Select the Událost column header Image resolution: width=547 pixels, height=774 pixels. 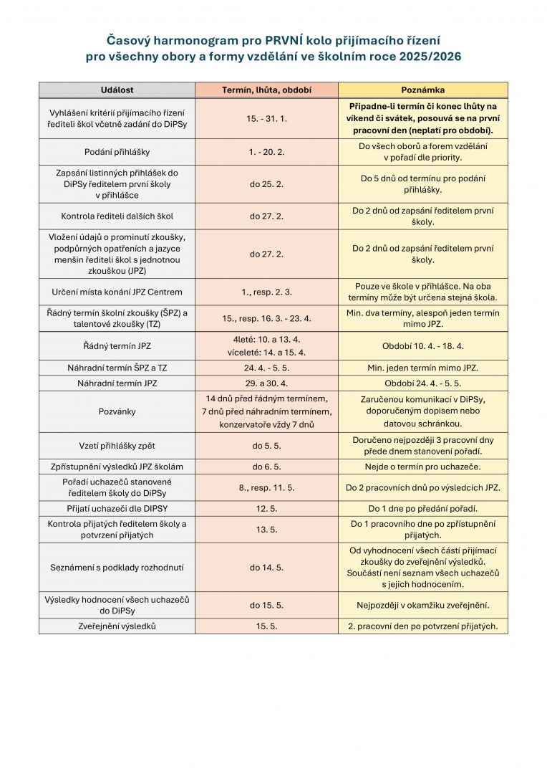(117, 90)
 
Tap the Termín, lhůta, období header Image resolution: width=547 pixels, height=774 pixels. (266, 90)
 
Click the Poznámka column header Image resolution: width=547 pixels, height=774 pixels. (422, 90)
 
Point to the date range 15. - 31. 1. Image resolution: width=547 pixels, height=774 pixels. (266, 118)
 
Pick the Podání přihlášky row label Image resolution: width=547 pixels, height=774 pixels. (117, 152)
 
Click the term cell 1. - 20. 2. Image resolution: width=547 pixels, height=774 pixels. (266, 152)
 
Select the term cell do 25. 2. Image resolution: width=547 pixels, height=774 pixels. (266, 184)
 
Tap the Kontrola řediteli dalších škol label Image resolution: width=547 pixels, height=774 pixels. (117, 216)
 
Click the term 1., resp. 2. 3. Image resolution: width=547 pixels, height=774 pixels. (266, 292)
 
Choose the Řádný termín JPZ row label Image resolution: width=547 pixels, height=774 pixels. (117, 346)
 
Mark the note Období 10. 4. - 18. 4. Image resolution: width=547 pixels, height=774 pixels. (422, 346)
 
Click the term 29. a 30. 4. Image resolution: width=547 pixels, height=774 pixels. (266, 383)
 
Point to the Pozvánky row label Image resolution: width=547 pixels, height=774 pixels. (117, 412)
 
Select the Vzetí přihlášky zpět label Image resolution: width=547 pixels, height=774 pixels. (117, 446)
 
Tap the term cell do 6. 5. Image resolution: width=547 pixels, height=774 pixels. (266, 467)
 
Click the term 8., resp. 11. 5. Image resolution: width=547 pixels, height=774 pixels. (266, 487)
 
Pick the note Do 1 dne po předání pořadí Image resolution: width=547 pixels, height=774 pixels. (422, 509)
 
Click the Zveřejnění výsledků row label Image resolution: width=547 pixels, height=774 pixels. (117, 626)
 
